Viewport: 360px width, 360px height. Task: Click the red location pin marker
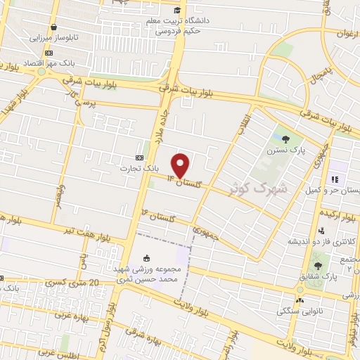pos(181,165)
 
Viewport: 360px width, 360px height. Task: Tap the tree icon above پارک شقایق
pos(317,266)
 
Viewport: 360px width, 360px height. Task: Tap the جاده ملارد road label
pos(159,124)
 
